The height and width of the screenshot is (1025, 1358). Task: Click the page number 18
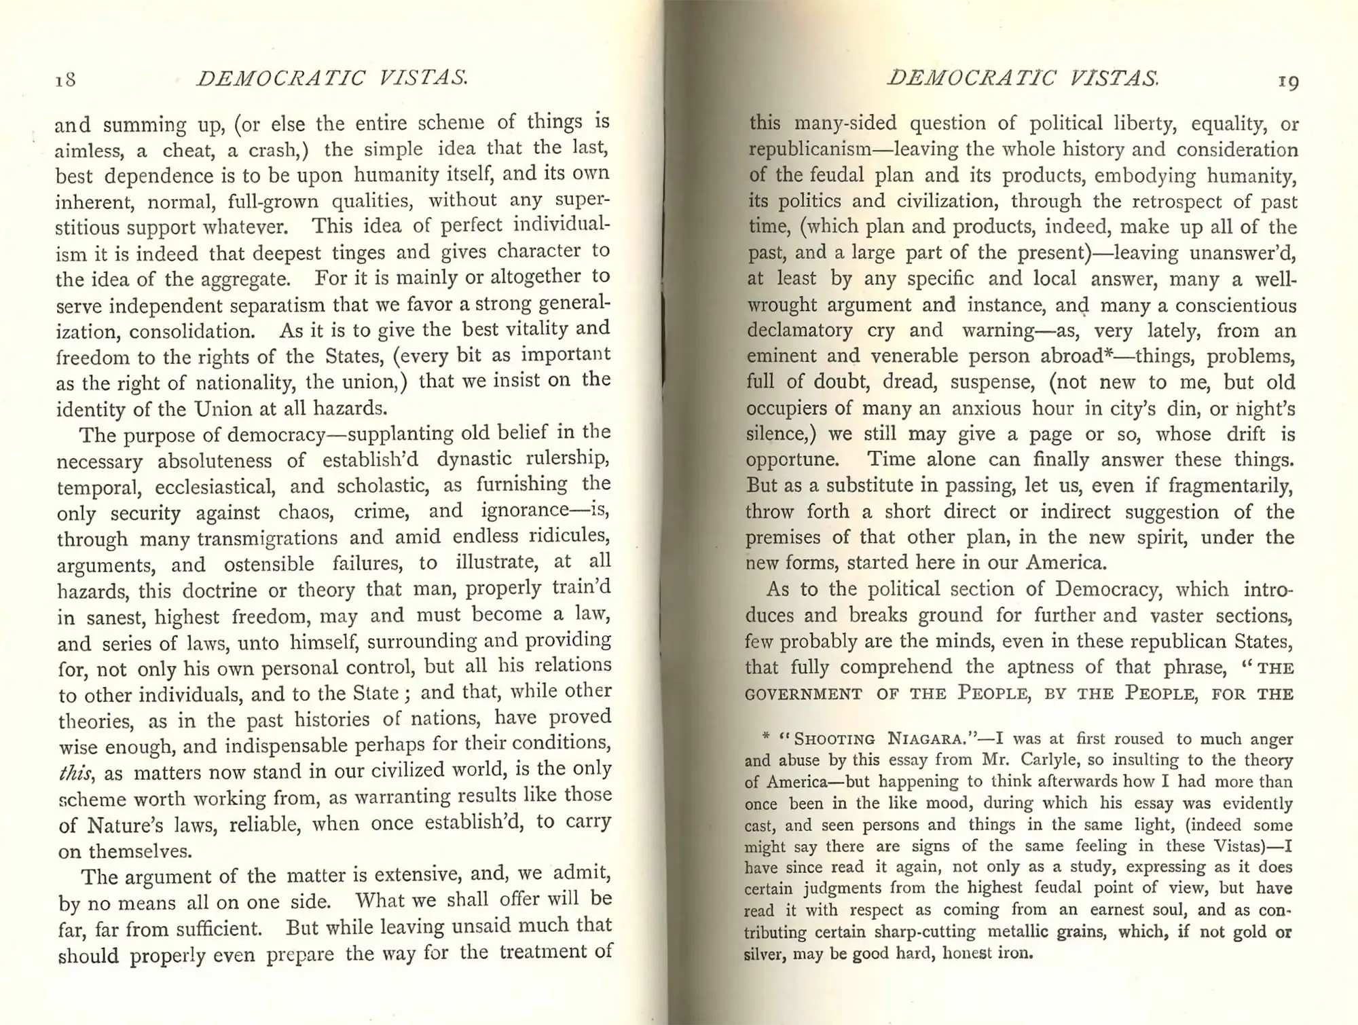pyautogui.click(x=65, y=80)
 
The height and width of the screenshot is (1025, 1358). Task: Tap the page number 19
pyautogui.click(x=1288, y=82)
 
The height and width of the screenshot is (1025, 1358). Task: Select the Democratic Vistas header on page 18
pyautogui.click(x=332, y=78)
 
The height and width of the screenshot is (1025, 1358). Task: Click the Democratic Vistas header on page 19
pyautogui.click(x=1023, y=79)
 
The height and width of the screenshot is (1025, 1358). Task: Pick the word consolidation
pyautogui.click(x=192, y=331)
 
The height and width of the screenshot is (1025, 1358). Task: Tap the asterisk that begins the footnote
pyautogui.click(x=766, y=736)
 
